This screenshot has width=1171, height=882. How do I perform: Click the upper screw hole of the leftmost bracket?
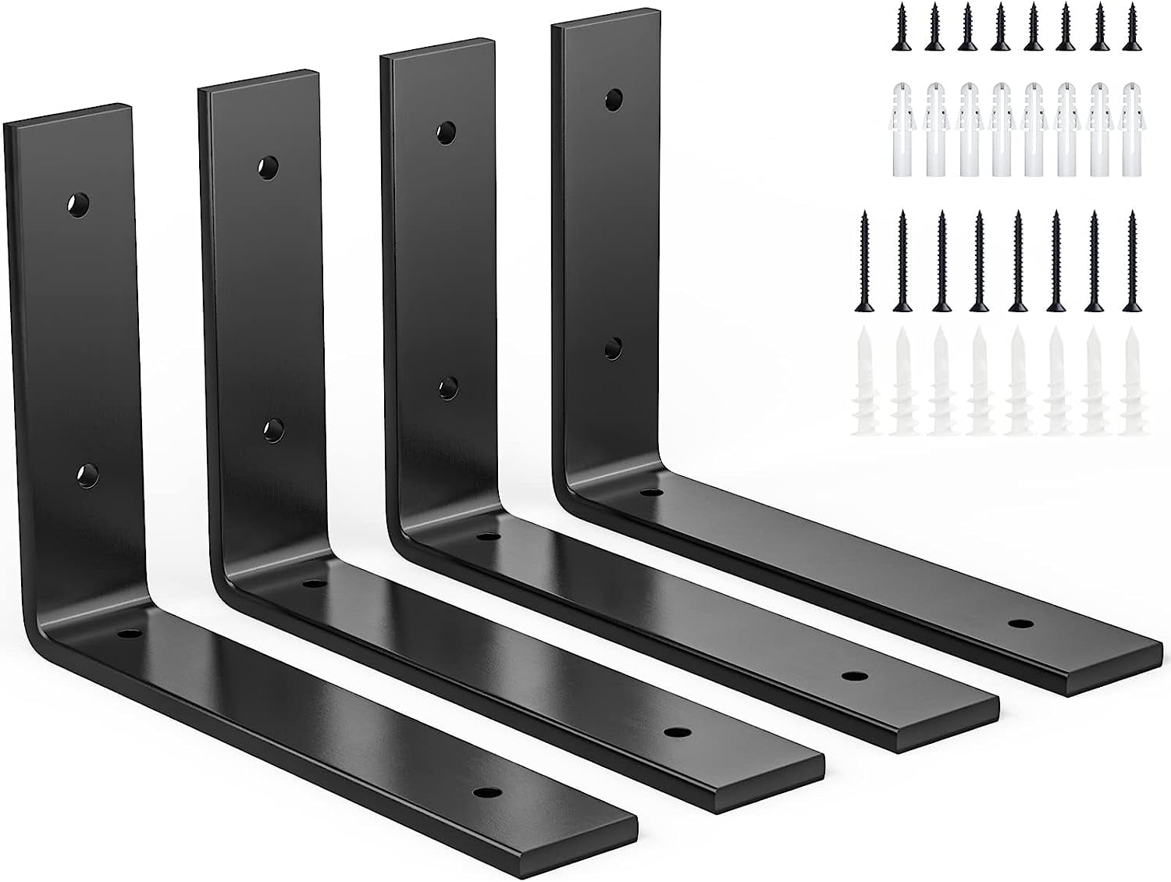pyautogui.click(x=77, y=204)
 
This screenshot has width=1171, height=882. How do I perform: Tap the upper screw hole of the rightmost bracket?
pyautogui.click(x=614, y=100)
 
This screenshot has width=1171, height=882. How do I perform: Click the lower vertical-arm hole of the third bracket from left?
pyautogui.click(x=447, y=385)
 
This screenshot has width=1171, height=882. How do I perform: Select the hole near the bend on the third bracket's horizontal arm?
pyautogui.click(x=487, y=537)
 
